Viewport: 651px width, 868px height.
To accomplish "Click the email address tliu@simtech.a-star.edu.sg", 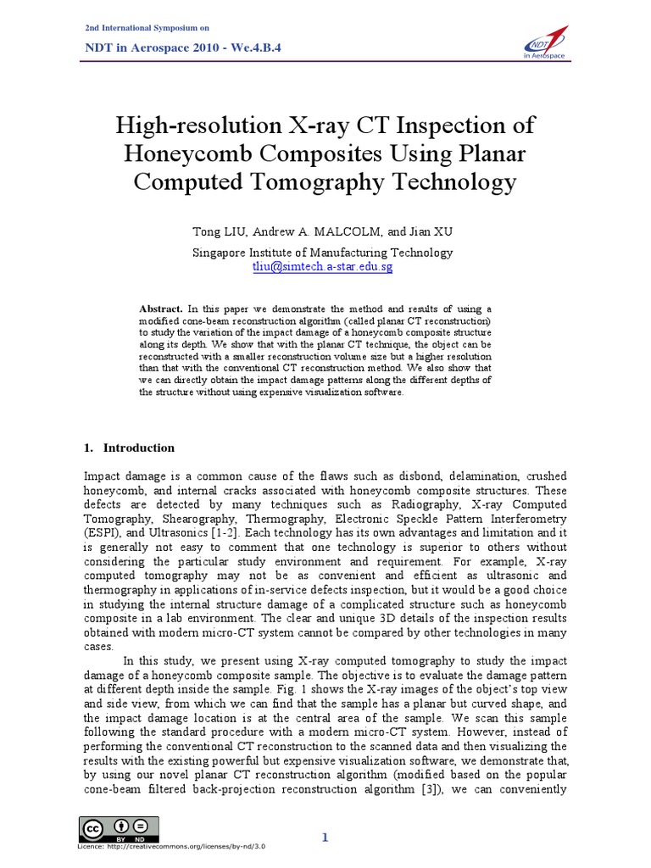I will coord(323,266).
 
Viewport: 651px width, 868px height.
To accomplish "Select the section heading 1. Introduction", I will coord(130,448).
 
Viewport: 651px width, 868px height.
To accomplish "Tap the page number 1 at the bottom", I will coord(325,837).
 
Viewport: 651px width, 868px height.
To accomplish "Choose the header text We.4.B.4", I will coord(253,48).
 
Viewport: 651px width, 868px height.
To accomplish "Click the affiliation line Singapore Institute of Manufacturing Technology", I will coord(323,253).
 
